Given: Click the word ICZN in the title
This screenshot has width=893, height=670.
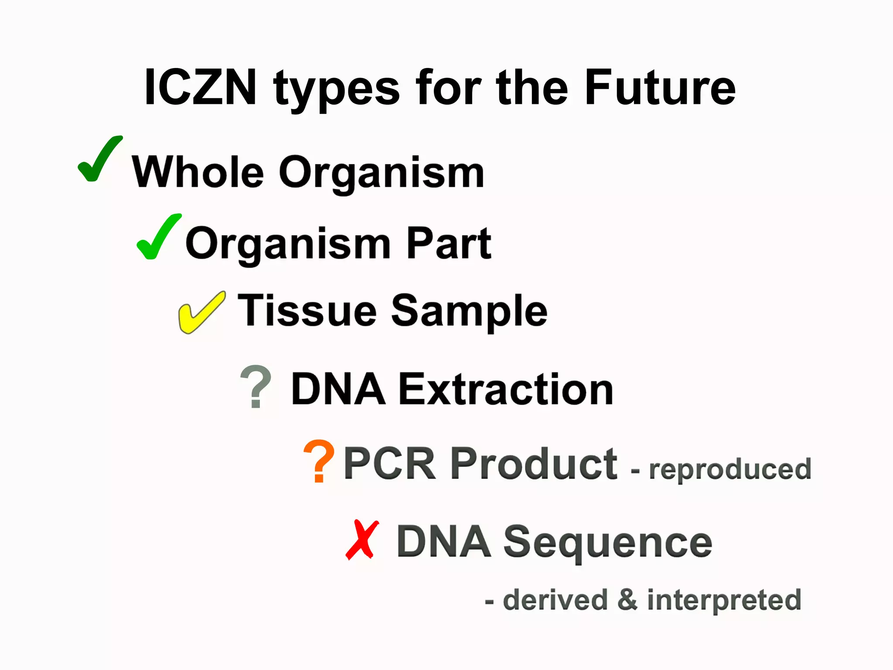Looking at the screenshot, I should (200, 88).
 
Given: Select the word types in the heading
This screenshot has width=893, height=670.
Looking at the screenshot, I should (336, 89).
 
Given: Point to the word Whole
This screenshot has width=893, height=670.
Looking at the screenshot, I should (198, 172).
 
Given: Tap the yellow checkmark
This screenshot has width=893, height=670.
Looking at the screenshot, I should (201, 313).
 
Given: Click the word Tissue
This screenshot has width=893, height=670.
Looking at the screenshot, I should (307, 310).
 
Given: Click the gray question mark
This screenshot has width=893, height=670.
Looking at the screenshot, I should (256, 386).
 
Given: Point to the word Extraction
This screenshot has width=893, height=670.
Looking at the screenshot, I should (506, 389).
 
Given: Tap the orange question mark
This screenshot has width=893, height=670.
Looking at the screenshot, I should (319, 461).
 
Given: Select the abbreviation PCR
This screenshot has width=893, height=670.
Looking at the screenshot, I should (389, 463).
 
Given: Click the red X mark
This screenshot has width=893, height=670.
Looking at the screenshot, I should (361, 540).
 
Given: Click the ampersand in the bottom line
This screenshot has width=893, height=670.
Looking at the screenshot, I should (627, 600).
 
